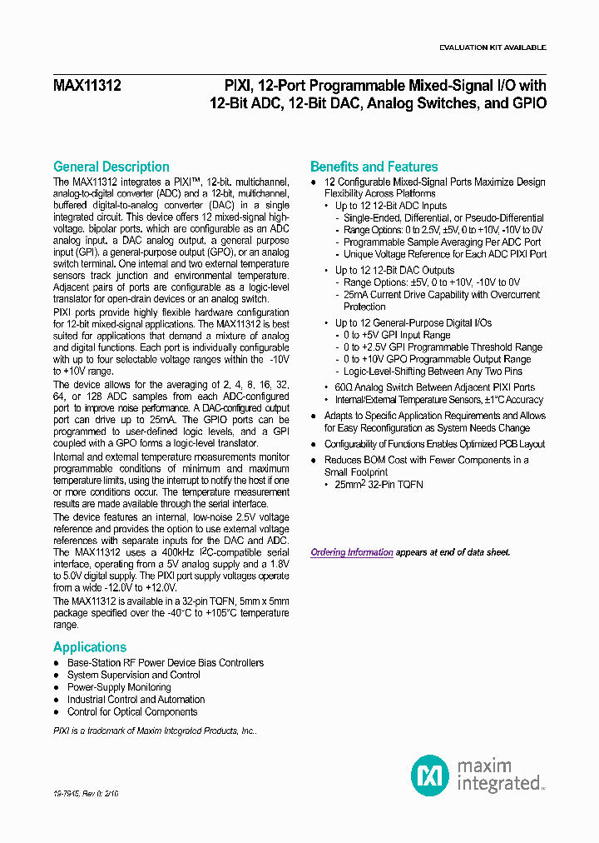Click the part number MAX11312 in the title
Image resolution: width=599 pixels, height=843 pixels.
pos(87,85)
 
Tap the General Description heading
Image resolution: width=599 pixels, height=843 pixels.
pos(111,167)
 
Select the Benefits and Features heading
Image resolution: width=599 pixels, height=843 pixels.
pos(374,167)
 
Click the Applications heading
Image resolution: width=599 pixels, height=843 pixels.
pos(90,647)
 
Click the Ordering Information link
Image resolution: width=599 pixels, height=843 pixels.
pos(351,552)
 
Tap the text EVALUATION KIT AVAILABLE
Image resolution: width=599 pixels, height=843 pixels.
pos(493,48)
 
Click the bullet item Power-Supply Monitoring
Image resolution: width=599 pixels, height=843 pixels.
pos(119,687)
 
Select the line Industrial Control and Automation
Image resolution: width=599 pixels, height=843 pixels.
pos(136,700)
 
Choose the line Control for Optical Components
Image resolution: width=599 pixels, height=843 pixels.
pos(132,712)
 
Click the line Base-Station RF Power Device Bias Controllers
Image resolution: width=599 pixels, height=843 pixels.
pos(166,663)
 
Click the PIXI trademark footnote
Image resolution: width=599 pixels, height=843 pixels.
pos(155,730)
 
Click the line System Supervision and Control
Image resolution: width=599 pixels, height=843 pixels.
pos(133,675)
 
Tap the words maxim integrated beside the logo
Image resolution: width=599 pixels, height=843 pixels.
pos(498,775)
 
